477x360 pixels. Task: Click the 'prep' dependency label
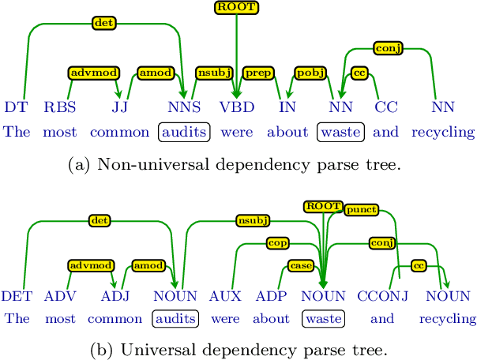click(257, 73)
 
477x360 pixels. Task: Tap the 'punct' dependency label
click(360, 209)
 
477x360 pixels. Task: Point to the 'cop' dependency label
click(276, 242)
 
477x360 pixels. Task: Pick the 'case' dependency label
click(300, 266)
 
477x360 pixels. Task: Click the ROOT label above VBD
click(237, 8)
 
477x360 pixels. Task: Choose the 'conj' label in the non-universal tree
click(388, 47)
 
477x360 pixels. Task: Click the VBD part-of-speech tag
click(236, 106)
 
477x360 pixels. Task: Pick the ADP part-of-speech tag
click(272, 297)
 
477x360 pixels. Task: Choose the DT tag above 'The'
click(15, 106)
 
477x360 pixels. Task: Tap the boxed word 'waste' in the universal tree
click(323, 320)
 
